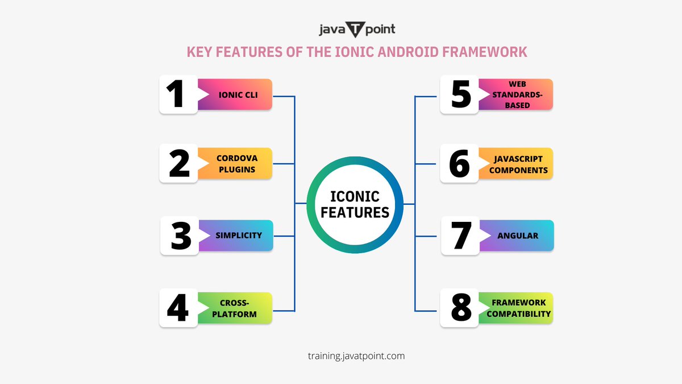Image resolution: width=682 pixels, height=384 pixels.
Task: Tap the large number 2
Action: click(179, 163)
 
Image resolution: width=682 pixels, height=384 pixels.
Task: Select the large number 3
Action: click(181, 236)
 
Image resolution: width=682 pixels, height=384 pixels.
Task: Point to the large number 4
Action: click(178, 308)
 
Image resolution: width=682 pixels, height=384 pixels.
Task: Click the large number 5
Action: click(461, 94)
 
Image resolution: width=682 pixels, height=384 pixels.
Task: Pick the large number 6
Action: click(459, 163)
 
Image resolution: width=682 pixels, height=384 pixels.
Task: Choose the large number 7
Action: click(461, 236)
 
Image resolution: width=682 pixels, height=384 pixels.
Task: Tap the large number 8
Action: click(461, 308)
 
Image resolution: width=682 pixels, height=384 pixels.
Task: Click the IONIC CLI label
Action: click(238, 94)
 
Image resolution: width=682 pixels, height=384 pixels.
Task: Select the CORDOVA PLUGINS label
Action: click(236, 164)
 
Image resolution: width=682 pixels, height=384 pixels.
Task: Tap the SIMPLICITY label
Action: click(238, 236)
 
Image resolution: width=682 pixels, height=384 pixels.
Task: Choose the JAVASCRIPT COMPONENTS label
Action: click(518, 164)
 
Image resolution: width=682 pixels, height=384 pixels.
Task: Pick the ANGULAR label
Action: click(518, 236)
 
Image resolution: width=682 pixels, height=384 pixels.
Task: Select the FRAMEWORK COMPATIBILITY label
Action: click(518, 308)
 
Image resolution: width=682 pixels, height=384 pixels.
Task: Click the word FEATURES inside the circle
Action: click(355, 212)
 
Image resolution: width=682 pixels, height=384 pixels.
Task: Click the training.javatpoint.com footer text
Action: click(356, 356)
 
